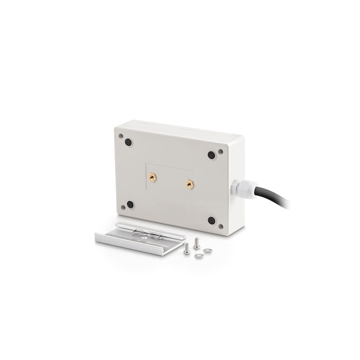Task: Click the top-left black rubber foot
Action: (x=128, y=142)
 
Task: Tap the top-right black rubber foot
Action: (x=211, y=155)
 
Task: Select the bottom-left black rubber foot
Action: (x=130, y=204)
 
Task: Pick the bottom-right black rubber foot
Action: (x=211, y=221)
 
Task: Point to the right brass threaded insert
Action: (x=189, y=185)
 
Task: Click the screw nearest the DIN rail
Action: (x=186, y=249)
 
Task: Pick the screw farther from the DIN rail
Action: (x=197, y=244)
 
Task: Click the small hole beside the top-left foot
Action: (x=121, y=137)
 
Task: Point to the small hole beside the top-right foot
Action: (x=221, y=152)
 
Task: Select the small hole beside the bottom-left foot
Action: (x=123, y=207)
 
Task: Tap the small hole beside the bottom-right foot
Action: (x=221, y=226)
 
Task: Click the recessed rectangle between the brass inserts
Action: (x=171, y=180)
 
